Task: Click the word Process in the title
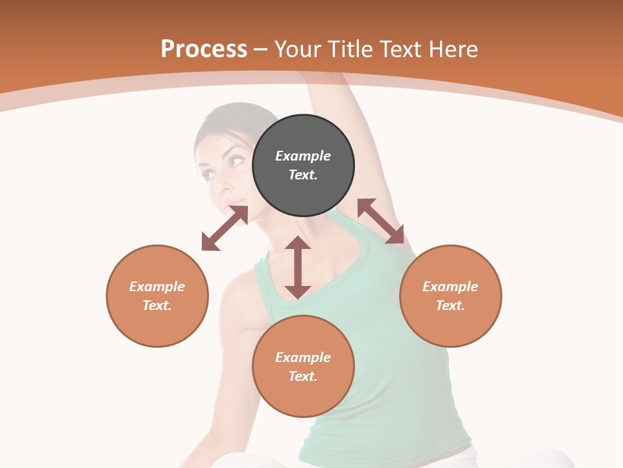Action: (x=204, y=49)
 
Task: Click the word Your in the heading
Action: (x=298, y=49)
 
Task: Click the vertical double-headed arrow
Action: (x=298, y=267)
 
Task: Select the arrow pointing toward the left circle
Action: (x=225, y=228)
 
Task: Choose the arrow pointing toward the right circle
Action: (x=381, y=221)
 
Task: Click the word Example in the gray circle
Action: (x=303, y=156)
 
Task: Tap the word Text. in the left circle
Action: (x=157, y=305)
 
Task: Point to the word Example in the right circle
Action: (x=450, y=287)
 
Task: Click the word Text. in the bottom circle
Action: (x=303, y=376)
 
